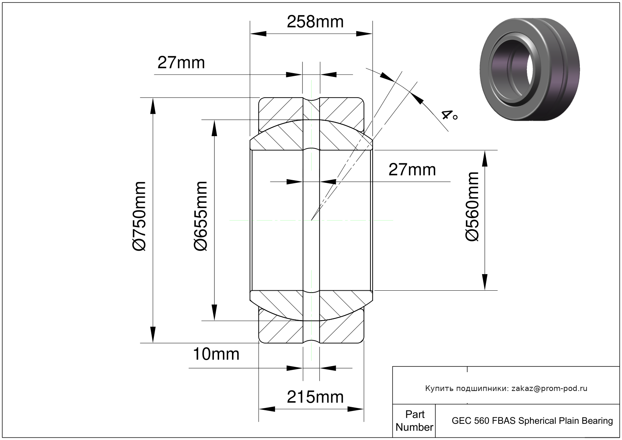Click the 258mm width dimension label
[x=315, y=21]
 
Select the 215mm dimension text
[x=315, y=397]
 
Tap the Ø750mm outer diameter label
[x=139, y=216]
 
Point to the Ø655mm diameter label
[x=201, y=216]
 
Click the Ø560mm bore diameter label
[x=472, y=207]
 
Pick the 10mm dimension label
[x=216, y=354]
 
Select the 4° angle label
[x=449, y=115]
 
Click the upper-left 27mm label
[x=181, y=63]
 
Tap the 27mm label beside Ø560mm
[x=412, y=170]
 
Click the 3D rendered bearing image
[x=530, y=69]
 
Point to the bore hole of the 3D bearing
[x=530, y=69]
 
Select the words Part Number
[x=414, y=421]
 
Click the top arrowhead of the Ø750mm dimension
[x=153, y=106]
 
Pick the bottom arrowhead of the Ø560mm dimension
[x=485, y=282]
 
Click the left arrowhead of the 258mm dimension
[x=258, y=34]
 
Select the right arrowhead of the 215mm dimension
[x=355, y=409]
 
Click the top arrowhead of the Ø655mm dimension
[x=214, y=128]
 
